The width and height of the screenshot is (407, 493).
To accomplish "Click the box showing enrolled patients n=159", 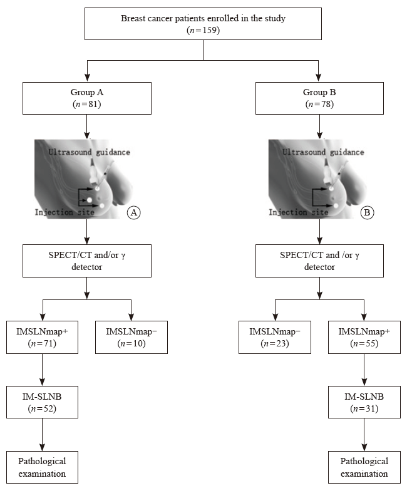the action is click(203, 24).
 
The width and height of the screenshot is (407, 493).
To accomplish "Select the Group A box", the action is click(87, 98).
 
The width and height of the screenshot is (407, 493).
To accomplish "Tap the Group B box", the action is click(319, 98).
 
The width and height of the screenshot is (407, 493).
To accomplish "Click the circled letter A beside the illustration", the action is click(133, 212).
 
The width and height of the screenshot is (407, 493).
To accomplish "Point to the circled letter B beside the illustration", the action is click(367, 212).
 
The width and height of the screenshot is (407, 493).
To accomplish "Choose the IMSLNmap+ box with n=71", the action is click(42, 337).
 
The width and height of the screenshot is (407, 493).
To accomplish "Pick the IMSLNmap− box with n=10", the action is click(131, 337).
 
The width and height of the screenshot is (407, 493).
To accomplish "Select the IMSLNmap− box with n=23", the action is click(275, 337).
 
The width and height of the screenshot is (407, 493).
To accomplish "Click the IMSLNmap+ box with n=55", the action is click(364, 337).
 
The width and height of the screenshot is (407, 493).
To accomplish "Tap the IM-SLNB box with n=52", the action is click(42, 402).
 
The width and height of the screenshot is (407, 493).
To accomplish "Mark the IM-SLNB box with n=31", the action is click(364, 402).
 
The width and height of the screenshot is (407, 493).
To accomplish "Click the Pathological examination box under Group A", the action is click(42, 467).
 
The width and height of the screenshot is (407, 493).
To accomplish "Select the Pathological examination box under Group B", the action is click(364, 467).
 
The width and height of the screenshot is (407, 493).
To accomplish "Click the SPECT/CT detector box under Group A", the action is click(87, 261).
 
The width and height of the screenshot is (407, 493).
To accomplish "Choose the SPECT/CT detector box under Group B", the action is click(319, 261).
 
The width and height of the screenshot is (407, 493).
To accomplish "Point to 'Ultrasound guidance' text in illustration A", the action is click(90, 152).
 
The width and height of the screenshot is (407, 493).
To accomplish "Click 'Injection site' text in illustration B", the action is click(298, 212).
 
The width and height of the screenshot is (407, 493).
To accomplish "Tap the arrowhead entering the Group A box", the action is click(87, 78).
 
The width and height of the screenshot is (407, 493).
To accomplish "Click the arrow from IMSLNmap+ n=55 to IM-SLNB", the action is click(364, 370).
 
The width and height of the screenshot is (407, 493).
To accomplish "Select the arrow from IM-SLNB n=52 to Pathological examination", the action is click(42, 435).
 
